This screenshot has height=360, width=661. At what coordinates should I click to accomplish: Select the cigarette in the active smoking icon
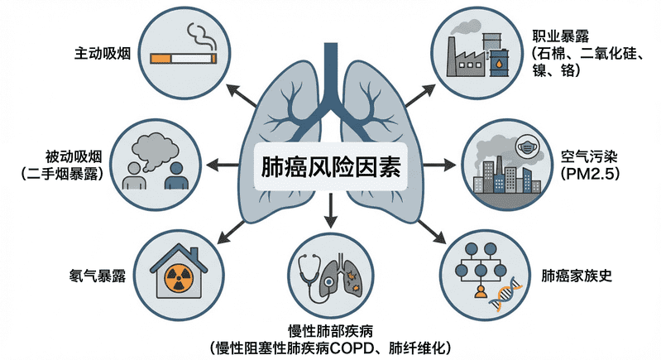184,59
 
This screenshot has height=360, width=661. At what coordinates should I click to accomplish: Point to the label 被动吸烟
74,156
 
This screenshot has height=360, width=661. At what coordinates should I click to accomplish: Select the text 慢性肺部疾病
331,329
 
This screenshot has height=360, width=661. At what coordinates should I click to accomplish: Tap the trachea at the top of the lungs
330,70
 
